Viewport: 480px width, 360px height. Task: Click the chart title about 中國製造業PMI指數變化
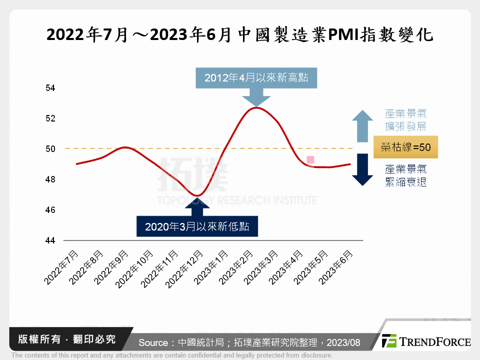pyautogui.click(x=239, y=35)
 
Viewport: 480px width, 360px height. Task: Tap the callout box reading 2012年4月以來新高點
pyautogui.click(x=256, y=78)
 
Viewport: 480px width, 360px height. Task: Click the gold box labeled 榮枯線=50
pyautogui.click(x=405, y=148)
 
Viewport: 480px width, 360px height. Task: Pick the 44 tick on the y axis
pyautogui.click(x=50, y=240)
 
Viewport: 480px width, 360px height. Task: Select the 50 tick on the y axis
pyautogui.click(x=50, y=149)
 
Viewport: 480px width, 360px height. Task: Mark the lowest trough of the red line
pyautogui.click(x=198, y=195)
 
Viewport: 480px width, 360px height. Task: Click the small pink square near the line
pyautogui.click(x=310, y=159)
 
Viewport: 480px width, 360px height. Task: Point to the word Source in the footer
pyautogui.click(x=153, y=342)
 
